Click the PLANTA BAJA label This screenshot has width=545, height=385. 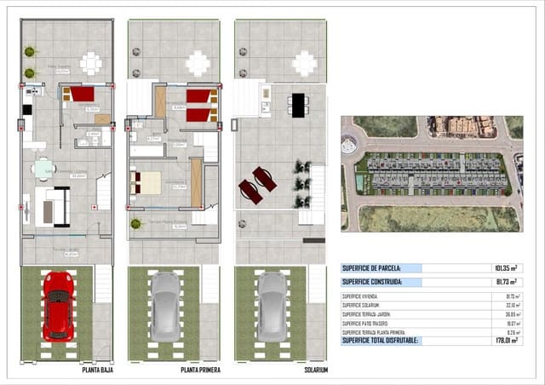94,371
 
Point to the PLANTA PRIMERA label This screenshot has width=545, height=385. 201,371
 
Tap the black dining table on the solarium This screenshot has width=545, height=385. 297,104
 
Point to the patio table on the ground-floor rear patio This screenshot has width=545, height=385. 90,62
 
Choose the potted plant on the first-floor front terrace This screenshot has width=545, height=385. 135,224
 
